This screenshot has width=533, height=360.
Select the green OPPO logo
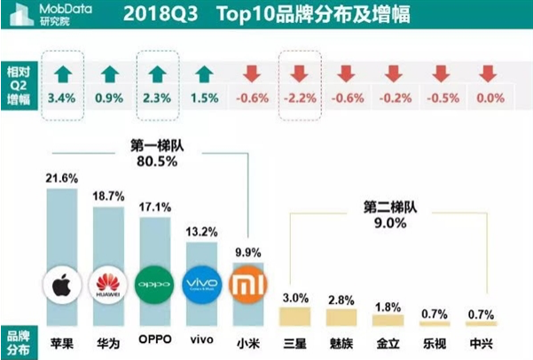[x=156, y=286]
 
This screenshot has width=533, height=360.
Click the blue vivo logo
[x=200, y=286]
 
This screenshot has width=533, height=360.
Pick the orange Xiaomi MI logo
[x=247, y=286]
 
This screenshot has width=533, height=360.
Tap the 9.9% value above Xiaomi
[x=247, y=252]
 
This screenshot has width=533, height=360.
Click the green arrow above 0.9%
[x=110, y=73]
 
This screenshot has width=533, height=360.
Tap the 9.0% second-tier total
[x=388, y=223]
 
